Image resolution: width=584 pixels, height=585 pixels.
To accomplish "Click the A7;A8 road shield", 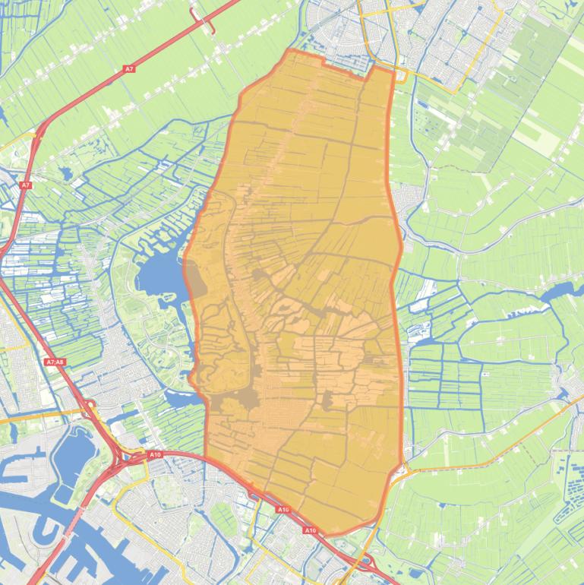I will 55,362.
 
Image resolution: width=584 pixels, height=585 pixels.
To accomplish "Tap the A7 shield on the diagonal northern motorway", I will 129,69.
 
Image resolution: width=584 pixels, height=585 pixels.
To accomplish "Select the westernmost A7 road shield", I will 26,185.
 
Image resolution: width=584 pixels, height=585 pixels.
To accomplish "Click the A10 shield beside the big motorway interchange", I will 155,454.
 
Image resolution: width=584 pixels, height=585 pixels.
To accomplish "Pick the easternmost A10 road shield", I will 310,530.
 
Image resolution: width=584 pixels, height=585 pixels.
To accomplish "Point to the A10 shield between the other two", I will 283,509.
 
